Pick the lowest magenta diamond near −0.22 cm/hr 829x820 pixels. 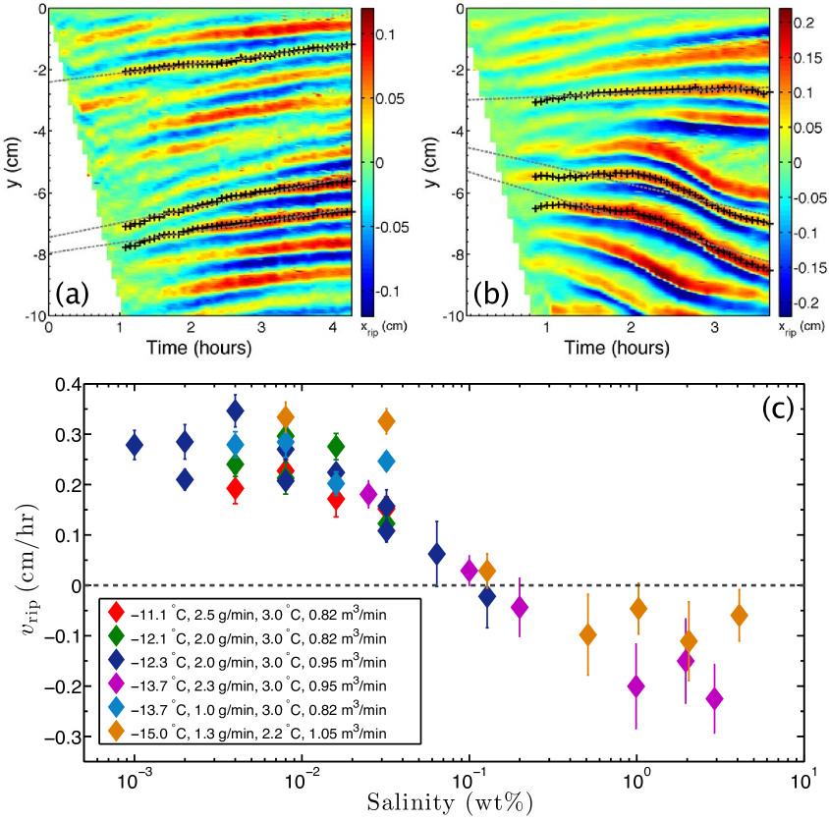pos(714,698)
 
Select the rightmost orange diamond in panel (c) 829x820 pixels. pos(739,615)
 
